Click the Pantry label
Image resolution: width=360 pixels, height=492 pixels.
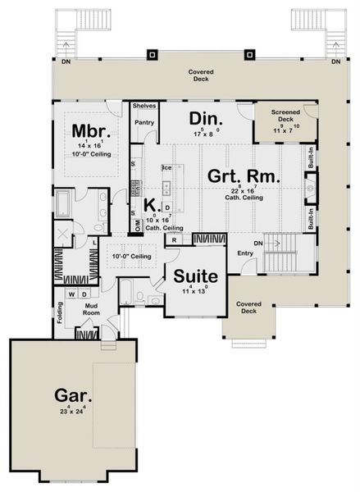(144, 123)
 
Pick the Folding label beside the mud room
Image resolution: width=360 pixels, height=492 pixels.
(59, 315)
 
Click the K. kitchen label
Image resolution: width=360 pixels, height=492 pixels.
(150, 204)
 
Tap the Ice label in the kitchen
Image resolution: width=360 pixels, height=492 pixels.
(166, 168)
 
